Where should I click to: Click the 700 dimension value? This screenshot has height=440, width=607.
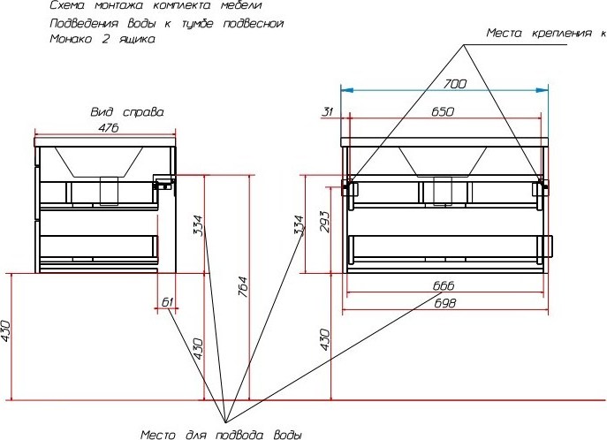pyautogui.click(x=455, y=84)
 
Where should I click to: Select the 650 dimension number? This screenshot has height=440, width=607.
pyautogui.click(x=443, y=112)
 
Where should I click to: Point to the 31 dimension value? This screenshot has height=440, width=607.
pyautogui.click(x=328, y=112)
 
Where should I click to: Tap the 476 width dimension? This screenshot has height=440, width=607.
pyautogui.click(x=109, y=128)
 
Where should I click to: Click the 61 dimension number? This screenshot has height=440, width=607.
pyautogui.click(x=167, y=302)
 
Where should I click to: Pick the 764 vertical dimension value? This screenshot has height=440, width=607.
pyautogui.click(x=242, y=286)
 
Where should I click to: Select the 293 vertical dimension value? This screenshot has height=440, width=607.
pyautogui.click(x=325, y=222)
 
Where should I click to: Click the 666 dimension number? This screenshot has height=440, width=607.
pyautogui.click(x=444, y=286)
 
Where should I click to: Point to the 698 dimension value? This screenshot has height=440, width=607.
pyautogui.click(x=444, y=303)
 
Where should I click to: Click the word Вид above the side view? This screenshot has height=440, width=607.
pyautogui.click(x=102, y=112)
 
